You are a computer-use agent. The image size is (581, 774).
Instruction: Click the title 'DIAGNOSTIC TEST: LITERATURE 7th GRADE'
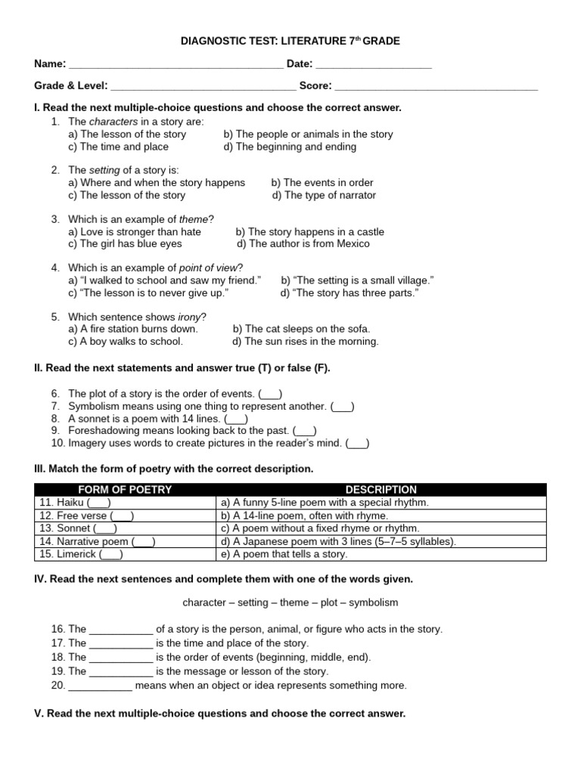[290, 41]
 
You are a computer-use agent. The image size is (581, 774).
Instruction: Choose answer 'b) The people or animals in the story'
[308, 134]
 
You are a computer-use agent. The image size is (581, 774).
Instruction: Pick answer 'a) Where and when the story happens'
[157, 182]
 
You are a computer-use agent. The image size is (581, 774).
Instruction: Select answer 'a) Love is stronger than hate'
[135, 232]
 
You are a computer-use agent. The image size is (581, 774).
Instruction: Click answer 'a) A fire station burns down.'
[133, 329]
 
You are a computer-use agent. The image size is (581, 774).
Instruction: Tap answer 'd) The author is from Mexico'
[303, 244]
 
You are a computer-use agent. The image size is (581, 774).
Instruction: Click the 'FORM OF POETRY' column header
[125, 490]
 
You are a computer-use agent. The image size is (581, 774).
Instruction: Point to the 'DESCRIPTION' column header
[381, 490]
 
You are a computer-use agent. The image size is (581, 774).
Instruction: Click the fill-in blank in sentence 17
[121, 643]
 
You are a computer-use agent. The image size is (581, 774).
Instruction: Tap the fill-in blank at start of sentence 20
[100, 686]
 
